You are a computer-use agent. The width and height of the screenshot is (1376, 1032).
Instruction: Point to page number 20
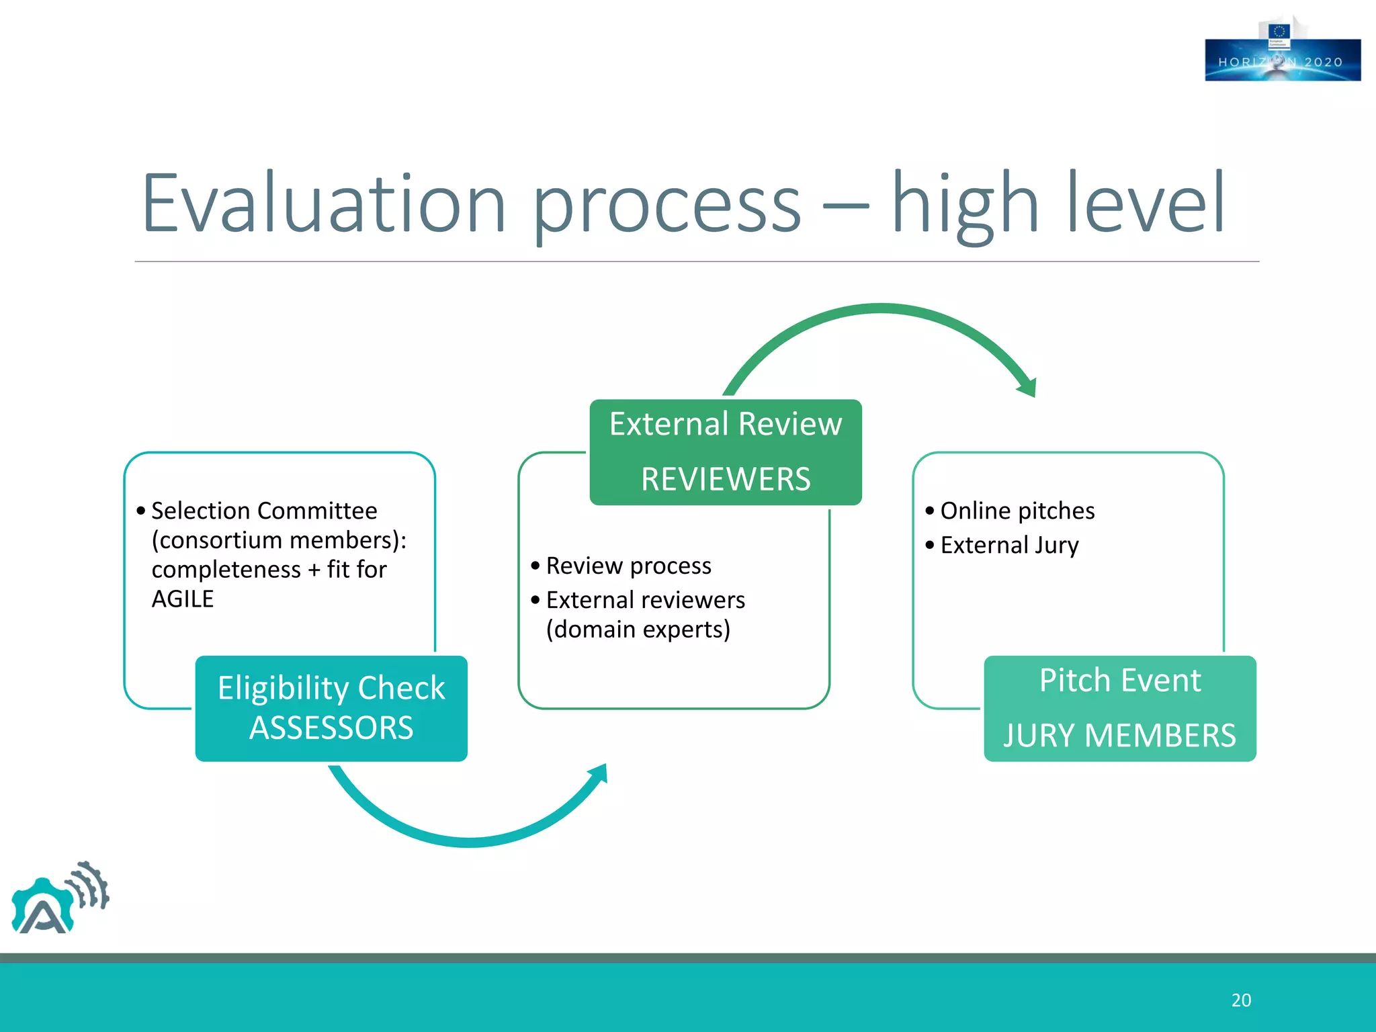1241,1000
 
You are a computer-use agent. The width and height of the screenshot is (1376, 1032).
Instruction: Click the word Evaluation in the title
323,204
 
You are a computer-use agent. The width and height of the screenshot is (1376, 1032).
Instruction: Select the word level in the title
1146,204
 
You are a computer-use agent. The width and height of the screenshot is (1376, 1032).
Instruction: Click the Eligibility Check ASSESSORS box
331,708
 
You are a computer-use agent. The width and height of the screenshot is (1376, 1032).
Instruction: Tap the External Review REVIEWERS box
726,452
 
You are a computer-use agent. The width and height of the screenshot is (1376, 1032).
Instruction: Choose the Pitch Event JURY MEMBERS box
1120,708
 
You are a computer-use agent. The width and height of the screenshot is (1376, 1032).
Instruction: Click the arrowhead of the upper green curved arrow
1027,388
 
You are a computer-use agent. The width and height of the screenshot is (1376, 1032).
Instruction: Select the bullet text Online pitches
1017,511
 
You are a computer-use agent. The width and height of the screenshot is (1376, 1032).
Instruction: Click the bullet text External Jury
1009,545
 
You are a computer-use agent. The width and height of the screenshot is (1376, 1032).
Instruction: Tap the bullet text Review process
628,566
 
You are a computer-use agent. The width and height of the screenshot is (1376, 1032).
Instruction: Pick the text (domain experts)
638,630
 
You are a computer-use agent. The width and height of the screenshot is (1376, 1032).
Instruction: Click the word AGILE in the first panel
182,599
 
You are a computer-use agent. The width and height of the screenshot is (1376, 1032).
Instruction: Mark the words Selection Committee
264,511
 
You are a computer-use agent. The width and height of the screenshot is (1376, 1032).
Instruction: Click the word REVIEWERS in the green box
726,480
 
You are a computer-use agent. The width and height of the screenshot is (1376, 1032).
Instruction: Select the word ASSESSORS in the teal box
331,728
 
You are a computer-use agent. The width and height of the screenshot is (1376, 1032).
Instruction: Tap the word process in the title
666,204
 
